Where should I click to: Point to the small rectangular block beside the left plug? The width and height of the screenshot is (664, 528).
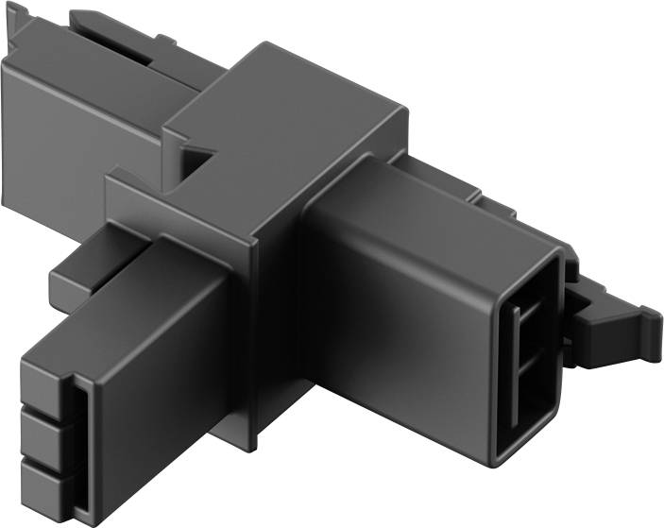(71, 274)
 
